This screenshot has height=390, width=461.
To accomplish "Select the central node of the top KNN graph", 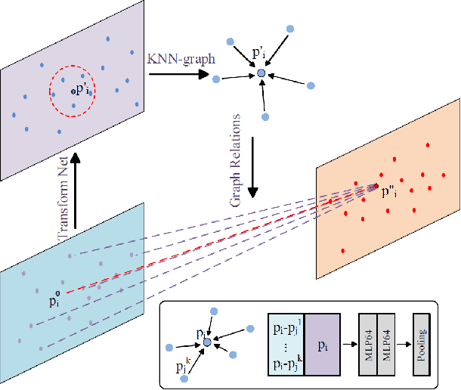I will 261,73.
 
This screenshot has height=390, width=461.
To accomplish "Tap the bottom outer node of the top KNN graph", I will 265,116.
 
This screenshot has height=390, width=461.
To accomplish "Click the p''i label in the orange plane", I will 391,190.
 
